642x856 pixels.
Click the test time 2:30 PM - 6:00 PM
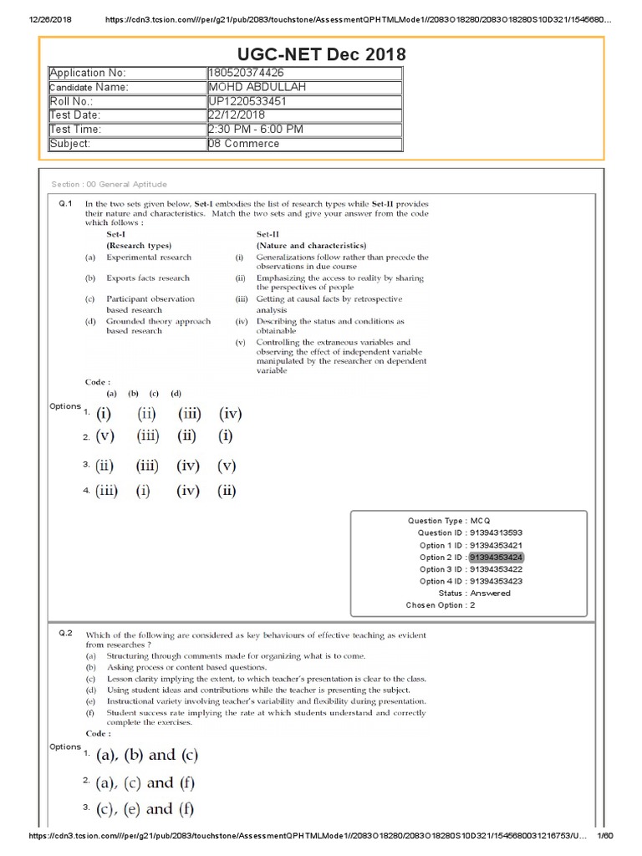(x=256, y=130)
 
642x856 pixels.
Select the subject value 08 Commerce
(x=244, y=144)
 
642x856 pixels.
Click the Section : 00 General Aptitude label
(x=109, y=184)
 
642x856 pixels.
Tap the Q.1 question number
(x=67, y=203)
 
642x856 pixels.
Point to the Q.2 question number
(x=67, y=634)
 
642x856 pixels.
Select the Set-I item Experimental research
(x=149, y=257)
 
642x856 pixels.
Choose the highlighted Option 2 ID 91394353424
(x=497, y=557)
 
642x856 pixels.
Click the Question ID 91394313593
(x=497, y=532)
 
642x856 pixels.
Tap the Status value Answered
(x=490, y=593)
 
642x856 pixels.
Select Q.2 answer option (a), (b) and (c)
(x=147, y=756)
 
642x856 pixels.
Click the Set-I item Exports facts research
(x=148, y=278)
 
